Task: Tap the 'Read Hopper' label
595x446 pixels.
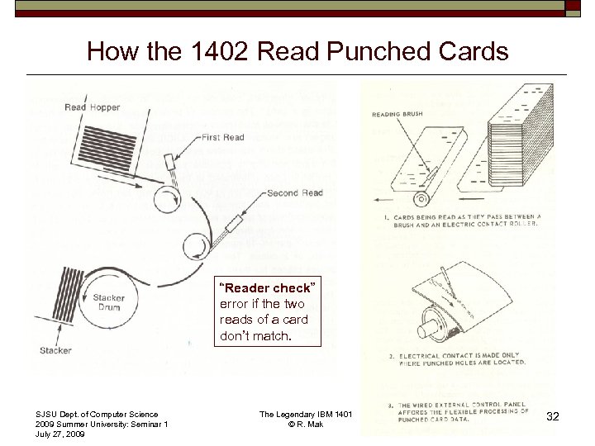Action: pos(92,107)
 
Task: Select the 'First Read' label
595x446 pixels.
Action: pos(223,138)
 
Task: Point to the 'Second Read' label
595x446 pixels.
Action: pos(295,193)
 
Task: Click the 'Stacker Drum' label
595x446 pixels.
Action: pos(108,302)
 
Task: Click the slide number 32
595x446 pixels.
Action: pos(553,417)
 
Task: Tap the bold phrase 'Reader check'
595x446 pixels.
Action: pos(265,288)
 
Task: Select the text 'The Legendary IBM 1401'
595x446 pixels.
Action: pos(306,414)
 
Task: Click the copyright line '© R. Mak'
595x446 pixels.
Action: pos(306,425)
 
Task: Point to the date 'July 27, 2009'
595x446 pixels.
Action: pos(60,434)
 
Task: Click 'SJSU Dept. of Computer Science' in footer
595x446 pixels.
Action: pos(97,414)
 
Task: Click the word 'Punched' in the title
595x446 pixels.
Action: pos(377,52)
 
